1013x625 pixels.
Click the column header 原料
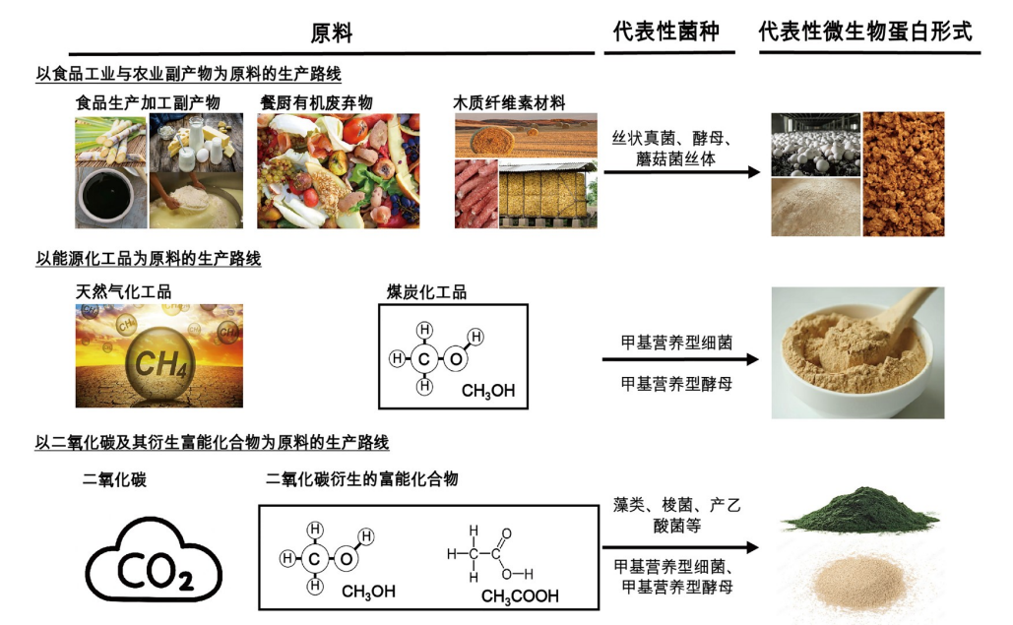(x=331, y=33)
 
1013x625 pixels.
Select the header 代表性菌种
(x=665, y=31)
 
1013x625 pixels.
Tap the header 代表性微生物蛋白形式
(x=865, y=31)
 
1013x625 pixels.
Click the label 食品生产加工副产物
(x=148, y=101)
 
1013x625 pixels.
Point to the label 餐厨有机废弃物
(x=315, y=101)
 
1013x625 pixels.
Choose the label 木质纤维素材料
(x=509, y=101)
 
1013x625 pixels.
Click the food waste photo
(x=338, y=171)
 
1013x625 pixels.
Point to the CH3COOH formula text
(x=520, y=595)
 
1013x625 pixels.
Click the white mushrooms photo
(x=813, y=143)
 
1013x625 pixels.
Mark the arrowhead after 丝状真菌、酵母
(x=754, y=172)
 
